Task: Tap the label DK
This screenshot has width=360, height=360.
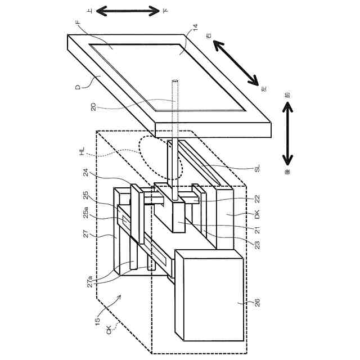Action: [257, 214]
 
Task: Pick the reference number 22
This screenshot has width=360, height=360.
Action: [258, 199]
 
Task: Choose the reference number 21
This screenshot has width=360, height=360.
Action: [258, 229]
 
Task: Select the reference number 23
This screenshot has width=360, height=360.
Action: [258, 245]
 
